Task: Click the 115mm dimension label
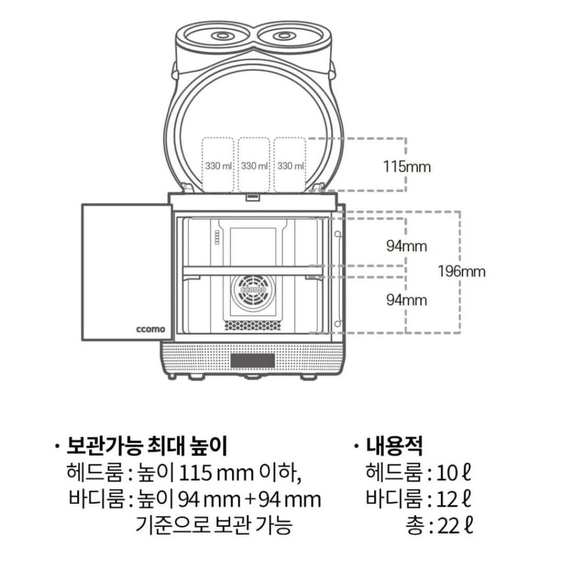pyautogui.click(x=406, y=167)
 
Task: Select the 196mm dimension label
pyautogui.click(x=461, y=272)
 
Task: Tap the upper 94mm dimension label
pyautogui.click(x=406, y=246)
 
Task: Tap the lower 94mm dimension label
pyautogui.click(x=406, y=300)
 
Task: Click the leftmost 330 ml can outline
pyautogui.click(x=218, y=165)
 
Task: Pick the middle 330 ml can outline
pyautogui.click(x=254, y=165)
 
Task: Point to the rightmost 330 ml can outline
pyautogui.click(x=290, y=165)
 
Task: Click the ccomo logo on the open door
pyautogui.click(x=150, y=329)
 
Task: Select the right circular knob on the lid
pyautogui.click(x=283, y=36)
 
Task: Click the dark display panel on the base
pyautogui.click(x=252, y=360)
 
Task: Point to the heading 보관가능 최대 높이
pyautogui.click(x=147, y=445)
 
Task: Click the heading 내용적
pyautogui.click(x=394, y=445)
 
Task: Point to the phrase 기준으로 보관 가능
pyautogui.click(x=213, y=526)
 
